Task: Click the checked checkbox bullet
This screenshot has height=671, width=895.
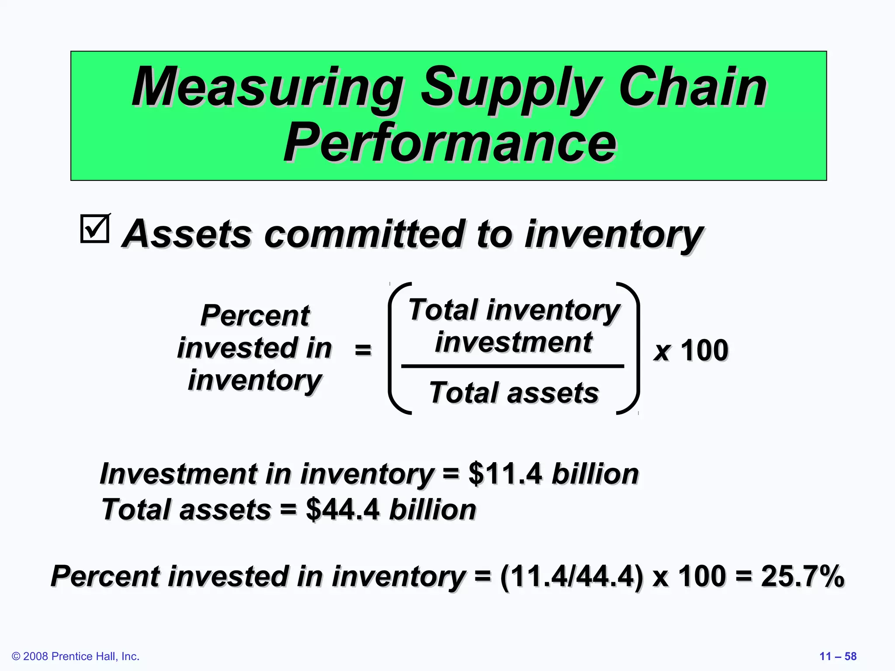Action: point(95,228)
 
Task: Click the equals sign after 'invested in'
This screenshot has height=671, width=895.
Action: point(363,349)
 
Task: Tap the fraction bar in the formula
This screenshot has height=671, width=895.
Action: point(512,366)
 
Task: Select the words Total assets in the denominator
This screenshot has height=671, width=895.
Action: point(514,392)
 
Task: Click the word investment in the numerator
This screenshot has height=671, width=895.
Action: point(514,342)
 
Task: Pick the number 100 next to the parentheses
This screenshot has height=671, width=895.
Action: point(704,350)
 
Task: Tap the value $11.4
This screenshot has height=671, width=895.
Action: point(505,474)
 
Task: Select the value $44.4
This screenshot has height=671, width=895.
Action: point(343,509)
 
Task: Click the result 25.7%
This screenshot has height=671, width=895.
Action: point(802,576)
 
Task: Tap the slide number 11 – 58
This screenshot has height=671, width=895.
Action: point(838,656)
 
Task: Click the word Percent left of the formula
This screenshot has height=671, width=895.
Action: point(255,315)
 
